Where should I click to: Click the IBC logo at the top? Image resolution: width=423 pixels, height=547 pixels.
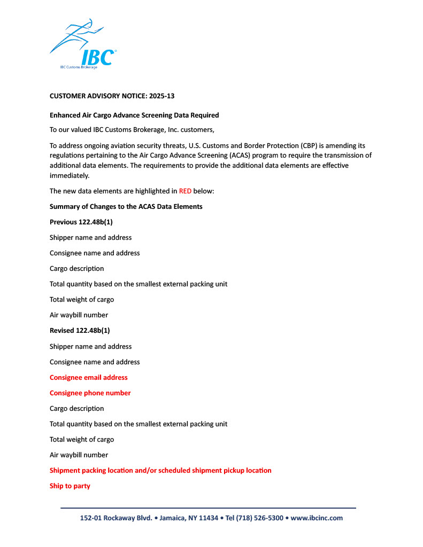coord(83,45)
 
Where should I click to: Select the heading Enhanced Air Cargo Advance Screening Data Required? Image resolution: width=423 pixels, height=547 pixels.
coord(134,115)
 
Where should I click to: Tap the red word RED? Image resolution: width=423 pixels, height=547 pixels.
coord(185,191)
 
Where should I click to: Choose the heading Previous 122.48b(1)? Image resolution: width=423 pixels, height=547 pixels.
coord(81,222)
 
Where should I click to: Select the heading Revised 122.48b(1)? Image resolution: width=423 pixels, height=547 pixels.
coord(80,331)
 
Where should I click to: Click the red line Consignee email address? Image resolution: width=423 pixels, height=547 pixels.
coord(89,377)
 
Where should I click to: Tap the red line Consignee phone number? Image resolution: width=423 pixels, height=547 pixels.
coord(90,393)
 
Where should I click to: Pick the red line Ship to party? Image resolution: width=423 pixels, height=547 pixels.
coord(70,486)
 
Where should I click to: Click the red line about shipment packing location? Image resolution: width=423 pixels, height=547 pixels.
coord(160,471)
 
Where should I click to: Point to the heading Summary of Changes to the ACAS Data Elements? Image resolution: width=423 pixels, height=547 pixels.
coord(126,206)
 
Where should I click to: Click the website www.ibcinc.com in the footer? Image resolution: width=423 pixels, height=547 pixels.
coord(317,518)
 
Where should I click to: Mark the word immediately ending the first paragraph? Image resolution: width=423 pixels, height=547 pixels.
coord(70,176)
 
